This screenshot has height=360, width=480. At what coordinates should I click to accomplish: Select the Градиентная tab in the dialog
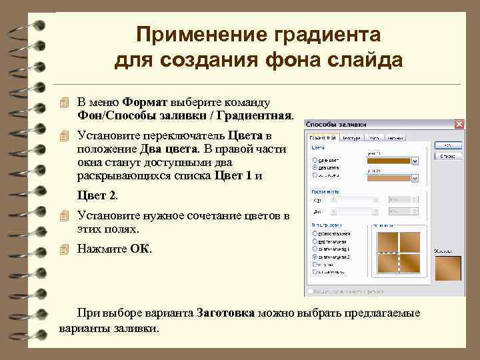click(323, 137)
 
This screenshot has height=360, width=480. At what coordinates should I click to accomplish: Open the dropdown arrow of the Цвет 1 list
click(415, 161)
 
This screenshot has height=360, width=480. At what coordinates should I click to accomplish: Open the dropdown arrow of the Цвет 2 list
click(415, 180)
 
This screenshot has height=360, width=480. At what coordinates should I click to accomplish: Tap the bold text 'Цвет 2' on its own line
click(97, 195)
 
